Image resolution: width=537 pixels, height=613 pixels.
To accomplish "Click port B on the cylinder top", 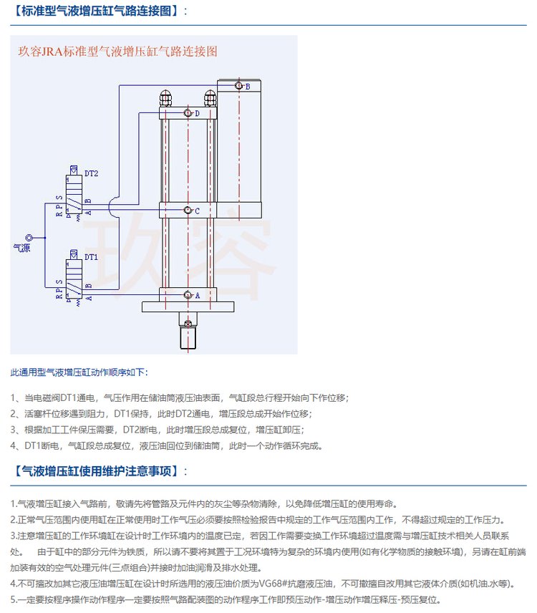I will (x=240, y=87).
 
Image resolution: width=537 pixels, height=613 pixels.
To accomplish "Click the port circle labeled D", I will (x=188, y=113).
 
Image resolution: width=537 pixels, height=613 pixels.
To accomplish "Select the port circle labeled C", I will (x=188, y=211).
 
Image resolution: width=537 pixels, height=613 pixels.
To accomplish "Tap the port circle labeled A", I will (x=188, y=295).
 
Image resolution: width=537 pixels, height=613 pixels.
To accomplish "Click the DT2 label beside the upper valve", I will (x=92, y=173).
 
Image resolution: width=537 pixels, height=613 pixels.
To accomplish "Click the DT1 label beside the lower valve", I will (x=92, y=256).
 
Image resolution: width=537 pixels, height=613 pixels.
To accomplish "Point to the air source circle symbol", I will (x=29, y=237).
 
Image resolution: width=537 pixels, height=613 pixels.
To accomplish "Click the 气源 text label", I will (x=21, y=248).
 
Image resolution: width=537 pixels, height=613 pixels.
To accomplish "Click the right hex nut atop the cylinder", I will (x=210, y=97).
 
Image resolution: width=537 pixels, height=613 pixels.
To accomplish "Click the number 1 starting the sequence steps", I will (x=14, y=397).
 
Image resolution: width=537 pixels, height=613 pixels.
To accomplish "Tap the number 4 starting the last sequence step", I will (x=14, y=445).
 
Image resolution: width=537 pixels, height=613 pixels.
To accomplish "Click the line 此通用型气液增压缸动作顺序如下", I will (x=79, y=373).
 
